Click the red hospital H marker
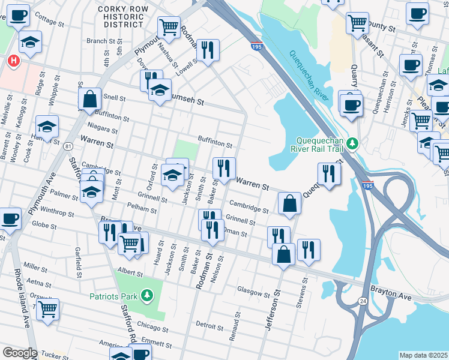(x=12, y=61)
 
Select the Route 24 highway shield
(x=363, y=302)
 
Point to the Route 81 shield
(x=70, y=146)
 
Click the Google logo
(x=20, y=353)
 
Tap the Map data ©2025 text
(x=423, y=355)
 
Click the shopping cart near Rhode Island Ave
(x=47, y=310)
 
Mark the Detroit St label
(x=209, y=325)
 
